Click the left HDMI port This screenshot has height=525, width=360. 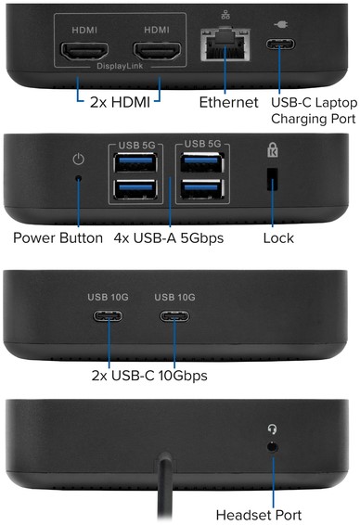(84, 51)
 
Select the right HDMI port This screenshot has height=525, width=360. (157, 51)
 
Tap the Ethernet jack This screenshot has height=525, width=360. (225, 45)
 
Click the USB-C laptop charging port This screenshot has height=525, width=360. (280, 44)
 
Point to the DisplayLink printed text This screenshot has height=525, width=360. (120, 66)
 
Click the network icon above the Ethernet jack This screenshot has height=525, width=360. (225, 15)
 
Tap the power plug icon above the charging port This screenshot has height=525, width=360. (280, 25)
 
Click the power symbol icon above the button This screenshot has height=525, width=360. (78, 159)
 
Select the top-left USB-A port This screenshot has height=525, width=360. (135, 162)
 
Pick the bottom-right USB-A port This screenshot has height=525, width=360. (202, 188)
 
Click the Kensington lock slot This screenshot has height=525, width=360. (272, 179)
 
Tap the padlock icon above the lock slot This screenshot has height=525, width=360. (273, 149)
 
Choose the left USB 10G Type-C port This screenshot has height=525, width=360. (108, 315)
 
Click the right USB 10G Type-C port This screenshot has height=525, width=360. (174, 316)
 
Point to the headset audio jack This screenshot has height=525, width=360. (273, 447)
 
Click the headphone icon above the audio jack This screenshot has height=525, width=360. (273, 429)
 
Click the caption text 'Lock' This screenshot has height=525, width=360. (278, 238)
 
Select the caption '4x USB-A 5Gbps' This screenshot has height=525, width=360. (169, 238)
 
